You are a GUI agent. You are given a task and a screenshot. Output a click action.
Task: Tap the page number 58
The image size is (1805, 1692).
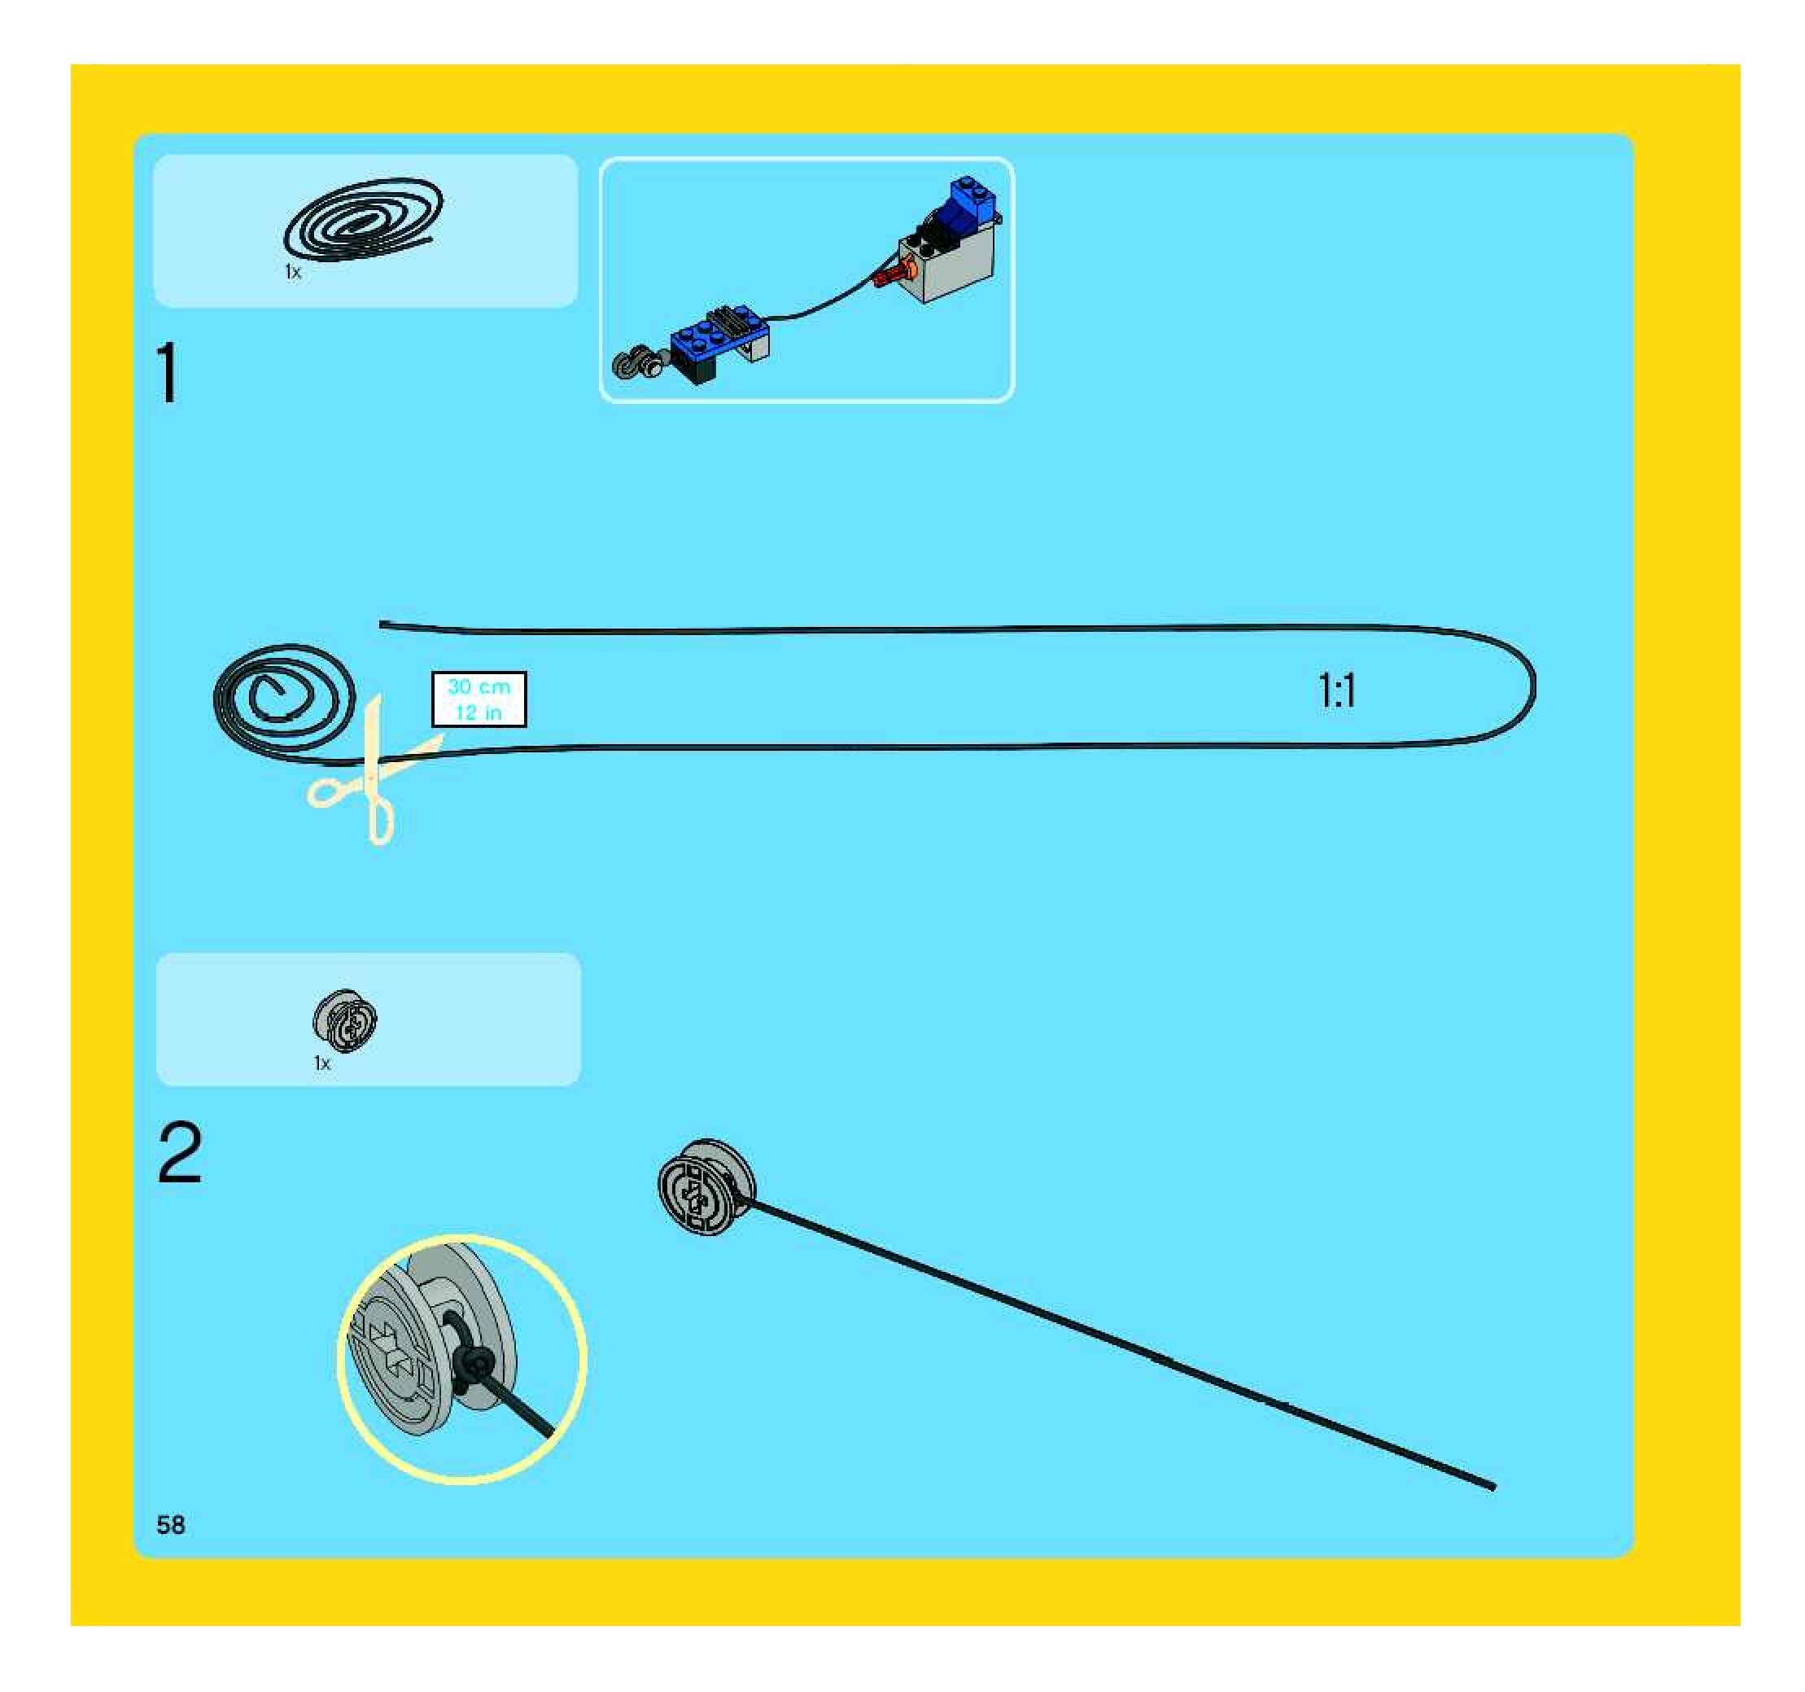tap(171, 1525)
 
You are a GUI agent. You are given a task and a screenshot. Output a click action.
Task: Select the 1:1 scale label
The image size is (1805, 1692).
tap(1336, 691)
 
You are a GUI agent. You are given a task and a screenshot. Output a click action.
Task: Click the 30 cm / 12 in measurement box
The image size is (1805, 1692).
tap(479, 699)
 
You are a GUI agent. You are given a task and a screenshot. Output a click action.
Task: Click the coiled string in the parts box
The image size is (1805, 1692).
tap(363, 218)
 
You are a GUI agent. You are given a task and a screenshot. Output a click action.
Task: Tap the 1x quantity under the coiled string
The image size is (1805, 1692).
tap(292, 272)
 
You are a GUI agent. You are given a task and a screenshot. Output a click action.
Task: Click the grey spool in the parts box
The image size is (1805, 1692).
tap(345, 1020)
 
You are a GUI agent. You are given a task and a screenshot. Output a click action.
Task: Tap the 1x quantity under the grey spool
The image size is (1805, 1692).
tap(321, 1063)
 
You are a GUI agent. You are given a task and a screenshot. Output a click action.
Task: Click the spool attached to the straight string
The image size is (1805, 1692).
tap(706, 1187)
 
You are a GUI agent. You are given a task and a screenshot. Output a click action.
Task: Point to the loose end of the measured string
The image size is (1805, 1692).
tap(384, 624)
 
